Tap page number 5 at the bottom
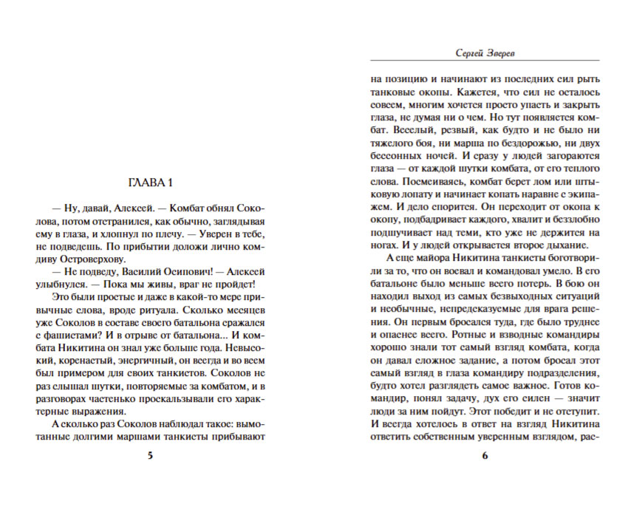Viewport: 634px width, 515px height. tap(150, 456)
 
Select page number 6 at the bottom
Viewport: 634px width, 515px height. tap(485, 456)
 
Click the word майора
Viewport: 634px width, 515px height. tap(434, 257)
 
